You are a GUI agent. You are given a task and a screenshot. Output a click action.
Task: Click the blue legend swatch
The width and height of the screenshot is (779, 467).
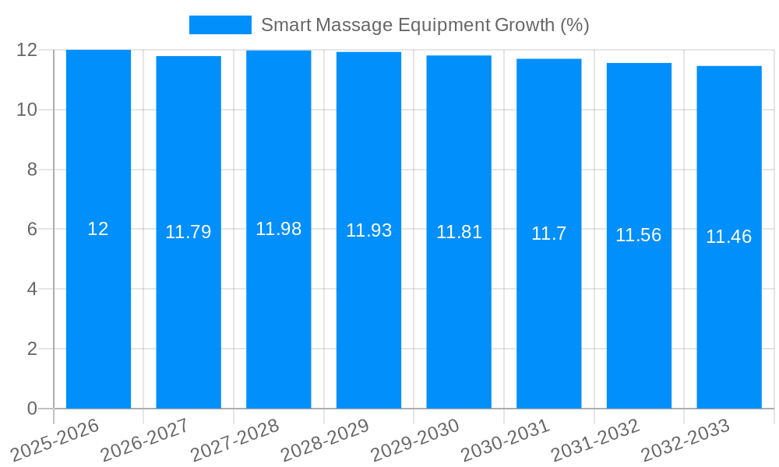(220, 25)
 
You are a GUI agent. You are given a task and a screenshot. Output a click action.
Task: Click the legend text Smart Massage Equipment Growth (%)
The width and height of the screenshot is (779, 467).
(425, 25)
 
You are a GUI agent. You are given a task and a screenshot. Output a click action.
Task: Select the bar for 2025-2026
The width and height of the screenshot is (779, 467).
(98, 311)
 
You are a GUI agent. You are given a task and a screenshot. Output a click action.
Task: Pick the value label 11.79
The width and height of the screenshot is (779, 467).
(188, 232)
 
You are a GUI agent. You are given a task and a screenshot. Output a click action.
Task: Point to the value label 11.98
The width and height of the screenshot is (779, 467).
(278, 229)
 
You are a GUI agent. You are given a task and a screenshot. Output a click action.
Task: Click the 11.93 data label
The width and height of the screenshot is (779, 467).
(368, 230)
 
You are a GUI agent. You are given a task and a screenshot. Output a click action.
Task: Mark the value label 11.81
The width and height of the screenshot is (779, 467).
(459, 232)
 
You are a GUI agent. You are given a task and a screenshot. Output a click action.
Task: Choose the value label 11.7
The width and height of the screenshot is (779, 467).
(548, 233)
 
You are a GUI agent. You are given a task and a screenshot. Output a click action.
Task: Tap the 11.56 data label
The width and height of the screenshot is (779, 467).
(638, 235)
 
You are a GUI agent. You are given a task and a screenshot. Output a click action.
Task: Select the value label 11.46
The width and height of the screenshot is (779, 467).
(728, 237)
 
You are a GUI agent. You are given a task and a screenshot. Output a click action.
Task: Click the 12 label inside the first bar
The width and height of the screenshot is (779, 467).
(98, 229)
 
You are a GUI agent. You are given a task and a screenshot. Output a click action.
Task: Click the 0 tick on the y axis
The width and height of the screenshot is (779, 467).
(32, 409)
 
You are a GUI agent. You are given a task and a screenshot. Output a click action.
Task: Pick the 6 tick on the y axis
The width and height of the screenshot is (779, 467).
(32, 230)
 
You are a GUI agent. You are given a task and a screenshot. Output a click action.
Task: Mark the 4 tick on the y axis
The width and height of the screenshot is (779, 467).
(32, 289)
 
